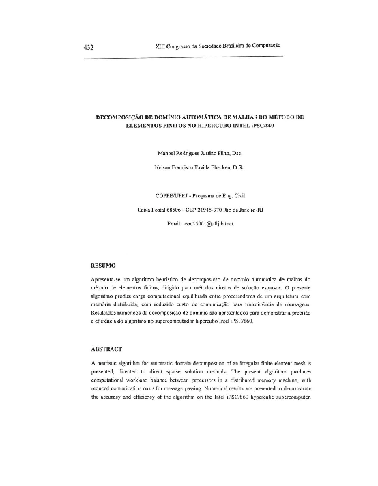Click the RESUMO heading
(103, 263)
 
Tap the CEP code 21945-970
(203, 210)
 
